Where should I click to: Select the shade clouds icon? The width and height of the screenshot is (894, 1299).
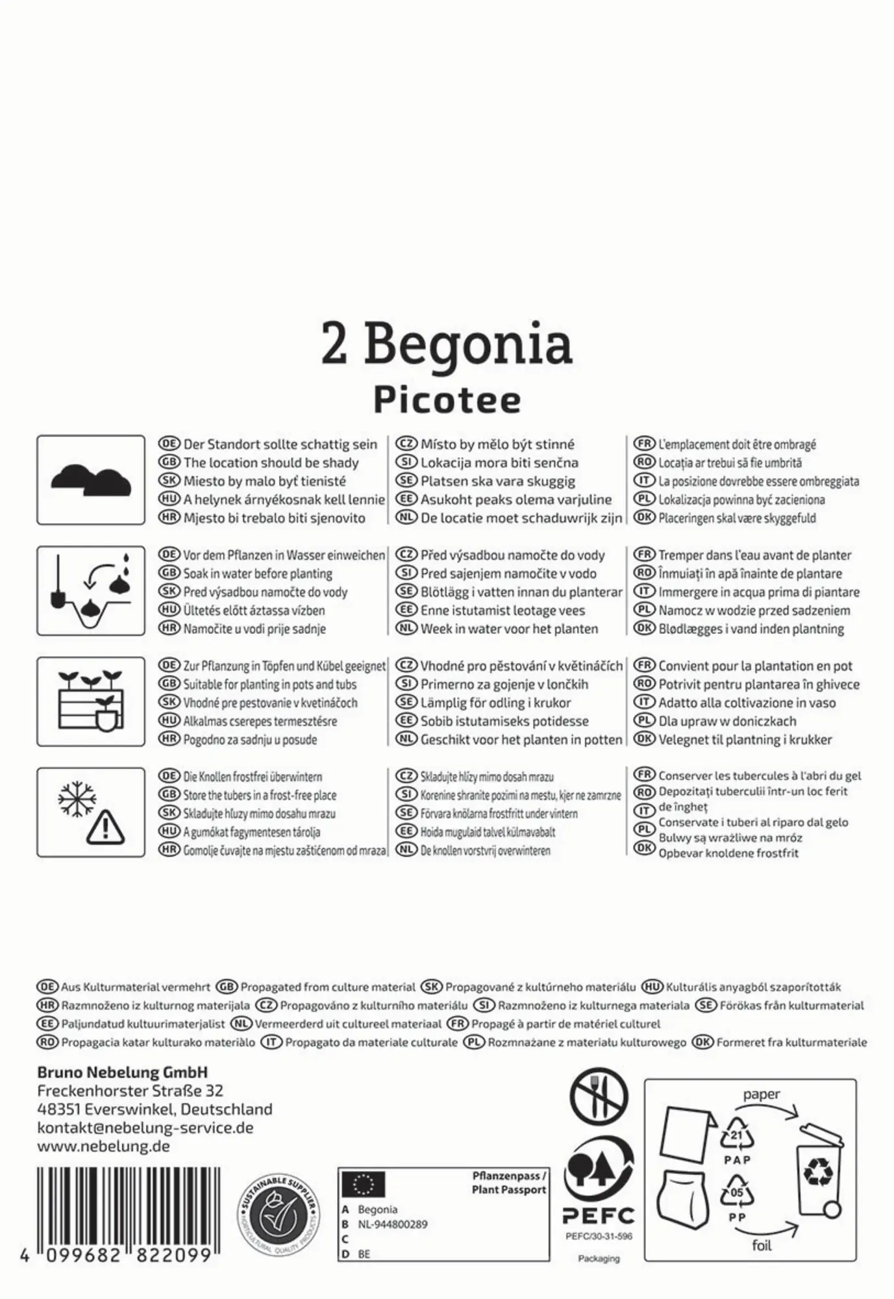coord(91,481)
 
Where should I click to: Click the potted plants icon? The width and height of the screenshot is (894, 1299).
coord(91,701)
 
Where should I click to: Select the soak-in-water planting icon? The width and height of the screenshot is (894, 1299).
coord(91,591)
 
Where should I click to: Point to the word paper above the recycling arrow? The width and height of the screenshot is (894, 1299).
coord(761,1094)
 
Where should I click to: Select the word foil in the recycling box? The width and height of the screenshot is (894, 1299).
coord(762,1245)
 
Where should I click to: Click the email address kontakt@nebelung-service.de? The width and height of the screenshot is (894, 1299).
coord(145,1128)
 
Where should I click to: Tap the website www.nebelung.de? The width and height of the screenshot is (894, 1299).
coord(104,1146)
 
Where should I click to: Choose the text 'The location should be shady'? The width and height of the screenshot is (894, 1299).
coord(271,463)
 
